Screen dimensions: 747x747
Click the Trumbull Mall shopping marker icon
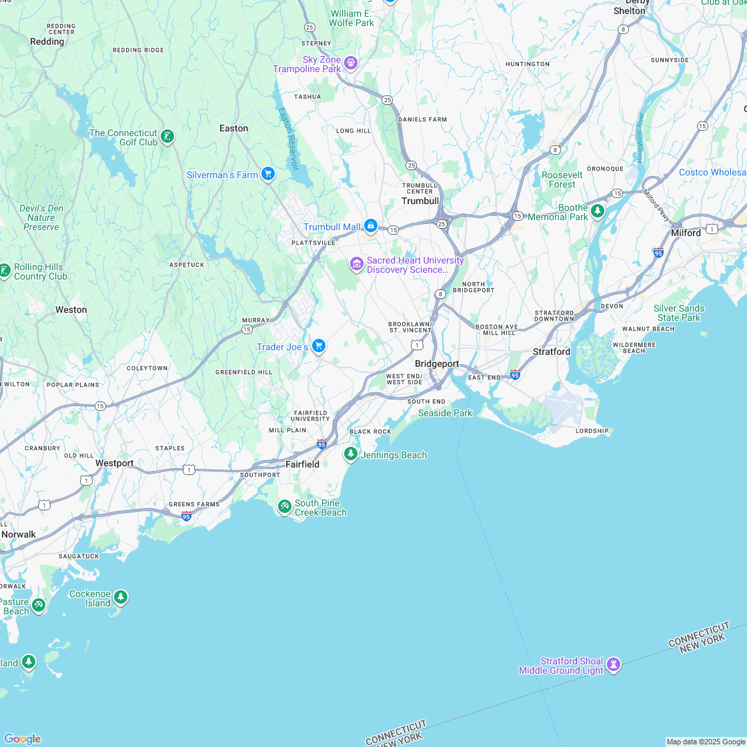coord(370,226)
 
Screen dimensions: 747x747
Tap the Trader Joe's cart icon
coord(319,345)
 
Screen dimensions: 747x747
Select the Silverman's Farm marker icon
coord(268,174)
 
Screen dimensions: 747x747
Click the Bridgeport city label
coord(437,363)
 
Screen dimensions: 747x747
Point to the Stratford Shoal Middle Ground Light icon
coord(614,664)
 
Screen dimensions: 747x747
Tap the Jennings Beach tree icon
coord(350,454)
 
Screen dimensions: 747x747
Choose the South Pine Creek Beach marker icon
coord(285,507)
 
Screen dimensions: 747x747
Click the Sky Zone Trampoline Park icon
coord(351,63)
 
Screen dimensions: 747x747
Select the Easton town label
coord(233,128)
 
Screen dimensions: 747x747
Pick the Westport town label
coord(114,463)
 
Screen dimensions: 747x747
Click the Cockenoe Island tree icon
coord(120,597)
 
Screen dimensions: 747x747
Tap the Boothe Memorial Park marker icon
coord(598,211)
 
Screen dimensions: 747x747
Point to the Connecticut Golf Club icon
coord(167,137)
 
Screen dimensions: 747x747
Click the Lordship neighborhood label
coord(592,431)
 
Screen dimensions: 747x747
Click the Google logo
coord(21,738)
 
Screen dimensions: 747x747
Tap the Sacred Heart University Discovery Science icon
coord(356,265)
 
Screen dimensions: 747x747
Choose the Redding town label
coord(47,41)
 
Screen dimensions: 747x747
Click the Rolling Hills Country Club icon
coord(5,271)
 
